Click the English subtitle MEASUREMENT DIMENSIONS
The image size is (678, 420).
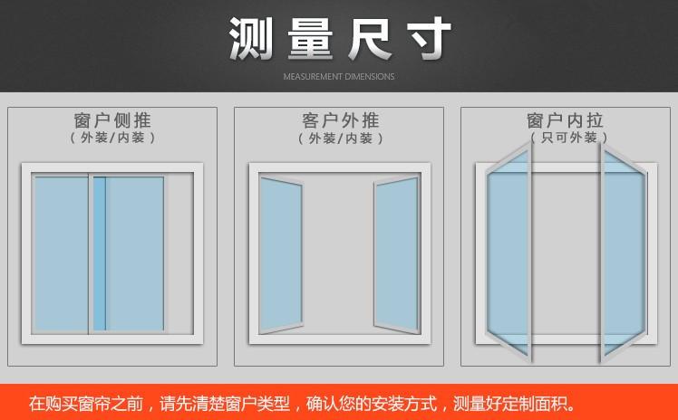coord(339,77)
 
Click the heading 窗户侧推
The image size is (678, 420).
coord(112,120)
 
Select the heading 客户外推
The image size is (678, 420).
coord(340,120)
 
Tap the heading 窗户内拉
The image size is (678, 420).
coord(565,120)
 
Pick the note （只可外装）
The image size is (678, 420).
coord(568,138)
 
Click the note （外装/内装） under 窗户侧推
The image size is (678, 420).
coord(112,138)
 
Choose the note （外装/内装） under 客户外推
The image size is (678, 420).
coord(340,138)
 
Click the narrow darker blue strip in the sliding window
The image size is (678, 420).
coord(100,253)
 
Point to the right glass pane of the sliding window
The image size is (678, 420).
coord(134,253)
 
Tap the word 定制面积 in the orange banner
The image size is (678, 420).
coord(535,404)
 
